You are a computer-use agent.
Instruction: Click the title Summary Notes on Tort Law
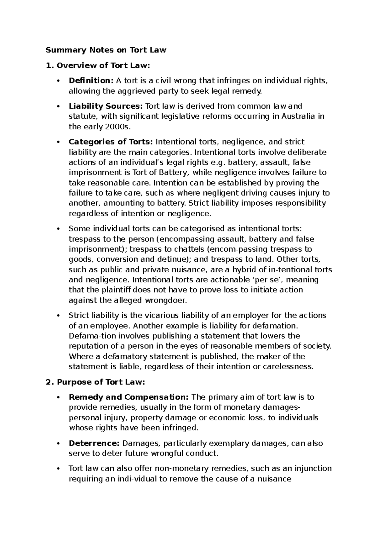[x=106, y=50]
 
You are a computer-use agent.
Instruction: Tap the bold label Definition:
[x=91, y=81]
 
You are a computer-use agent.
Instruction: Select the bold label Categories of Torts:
[x=111, y=142]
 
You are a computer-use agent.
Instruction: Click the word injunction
[x=313, y=469]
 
